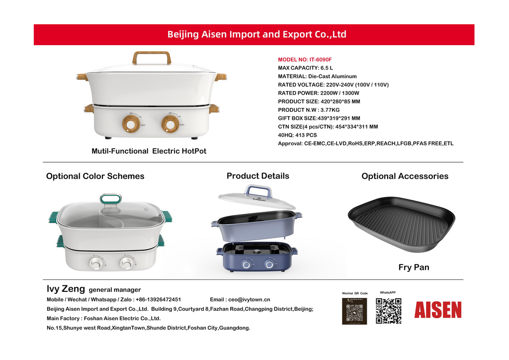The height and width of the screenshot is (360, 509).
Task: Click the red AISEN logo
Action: (x=438, y=310)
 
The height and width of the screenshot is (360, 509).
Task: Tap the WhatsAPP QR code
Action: (x=388, y=311)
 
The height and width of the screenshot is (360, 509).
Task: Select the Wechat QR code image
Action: (x=354, y=311)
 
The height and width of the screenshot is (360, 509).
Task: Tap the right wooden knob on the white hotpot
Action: (x=170, y=123)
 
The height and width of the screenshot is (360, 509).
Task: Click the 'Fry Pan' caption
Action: (x=414, y=268)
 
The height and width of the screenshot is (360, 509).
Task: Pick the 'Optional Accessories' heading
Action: (x=405, y=176)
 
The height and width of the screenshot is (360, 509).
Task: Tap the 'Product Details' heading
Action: (x=257, y=176)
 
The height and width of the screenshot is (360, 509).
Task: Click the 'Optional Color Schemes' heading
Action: (x=95, y=176)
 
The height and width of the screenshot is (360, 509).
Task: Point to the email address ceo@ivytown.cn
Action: (x=247, y=300)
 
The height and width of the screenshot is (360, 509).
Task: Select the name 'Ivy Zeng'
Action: (x=66, y=289)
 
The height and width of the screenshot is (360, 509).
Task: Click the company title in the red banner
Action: (x=256, y=34)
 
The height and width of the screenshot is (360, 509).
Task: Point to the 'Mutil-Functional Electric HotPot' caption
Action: (x=149, y=151)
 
